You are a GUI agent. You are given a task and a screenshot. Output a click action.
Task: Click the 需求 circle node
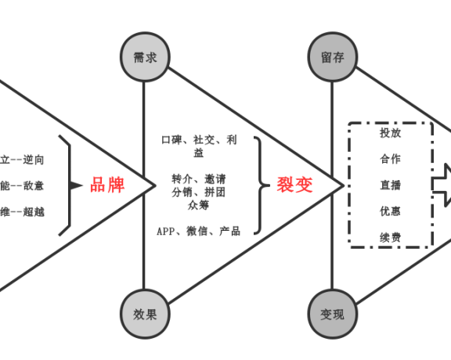click(144, 57)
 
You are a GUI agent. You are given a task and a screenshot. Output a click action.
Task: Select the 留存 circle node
click(332, 57)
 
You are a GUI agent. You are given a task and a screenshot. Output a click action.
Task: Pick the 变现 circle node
click(332, 315)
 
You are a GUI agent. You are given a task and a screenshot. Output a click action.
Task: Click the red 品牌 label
click(107, 185)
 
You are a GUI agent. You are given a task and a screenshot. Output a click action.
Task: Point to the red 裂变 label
click(294, 185)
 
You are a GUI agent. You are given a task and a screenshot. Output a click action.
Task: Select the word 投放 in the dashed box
click(390, 133)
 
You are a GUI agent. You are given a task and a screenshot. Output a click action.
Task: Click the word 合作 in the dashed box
click(390, 159)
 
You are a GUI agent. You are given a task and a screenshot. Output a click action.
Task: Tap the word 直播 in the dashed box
click(390, 185)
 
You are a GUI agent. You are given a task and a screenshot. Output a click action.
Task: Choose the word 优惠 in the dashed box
click(390, 211)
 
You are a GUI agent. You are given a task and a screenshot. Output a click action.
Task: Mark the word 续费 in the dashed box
click(390, 237)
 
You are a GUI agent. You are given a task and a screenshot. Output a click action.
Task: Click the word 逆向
click(34, 160)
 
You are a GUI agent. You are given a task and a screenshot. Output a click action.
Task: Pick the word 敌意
click(34, 185)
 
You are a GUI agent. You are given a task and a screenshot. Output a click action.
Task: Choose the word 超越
click(34, 211)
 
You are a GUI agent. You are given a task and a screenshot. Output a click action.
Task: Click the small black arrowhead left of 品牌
click(76, 185)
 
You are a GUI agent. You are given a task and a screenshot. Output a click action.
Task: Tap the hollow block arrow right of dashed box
click(444, 185)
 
